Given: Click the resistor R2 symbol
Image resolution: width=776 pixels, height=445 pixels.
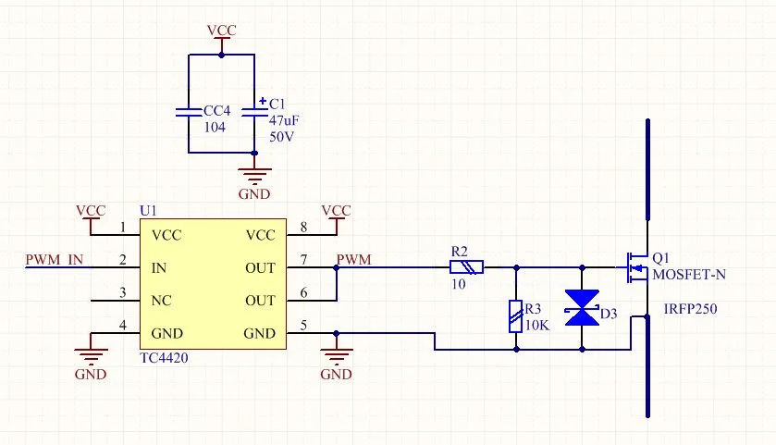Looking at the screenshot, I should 465,267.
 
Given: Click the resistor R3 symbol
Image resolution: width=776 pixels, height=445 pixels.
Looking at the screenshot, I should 515,315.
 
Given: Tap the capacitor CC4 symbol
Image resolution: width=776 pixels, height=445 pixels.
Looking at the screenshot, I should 189,112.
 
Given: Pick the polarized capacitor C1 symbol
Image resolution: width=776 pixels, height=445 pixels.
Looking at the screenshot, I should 253,111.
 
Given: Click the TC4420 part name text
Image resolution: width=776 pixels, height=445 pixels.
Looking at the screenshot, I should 166,353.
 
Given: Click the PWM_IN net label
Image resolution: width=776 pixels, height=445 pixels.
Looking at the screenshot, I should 55,260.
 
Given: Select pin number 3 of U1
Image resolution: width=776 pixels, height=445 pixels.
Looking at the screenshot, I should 123,293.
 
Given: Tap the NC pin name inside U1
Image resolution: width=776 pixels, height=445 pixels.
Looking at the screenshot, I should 161,301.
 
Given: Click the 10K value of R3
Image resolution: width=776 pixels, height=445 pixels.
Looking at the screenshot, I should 537,324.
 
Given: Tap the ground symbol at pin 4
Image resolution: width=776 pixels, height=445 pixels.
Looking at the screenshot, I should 91,354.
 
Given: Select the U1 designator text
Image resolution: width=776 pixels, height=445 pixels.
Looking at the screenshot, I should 148,211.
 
